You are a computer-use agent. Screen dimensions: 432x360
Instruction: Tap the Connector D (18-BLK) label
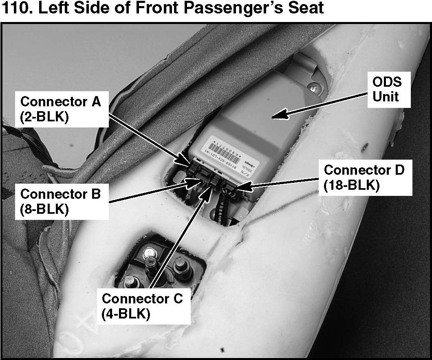tap(364, 177)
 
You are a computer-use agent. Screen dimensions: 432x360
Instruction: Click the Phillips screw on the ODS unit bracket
tap(313, 86)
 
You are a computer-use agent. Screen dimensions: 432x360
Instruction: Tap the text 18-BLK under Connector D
tap(351, 185)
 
